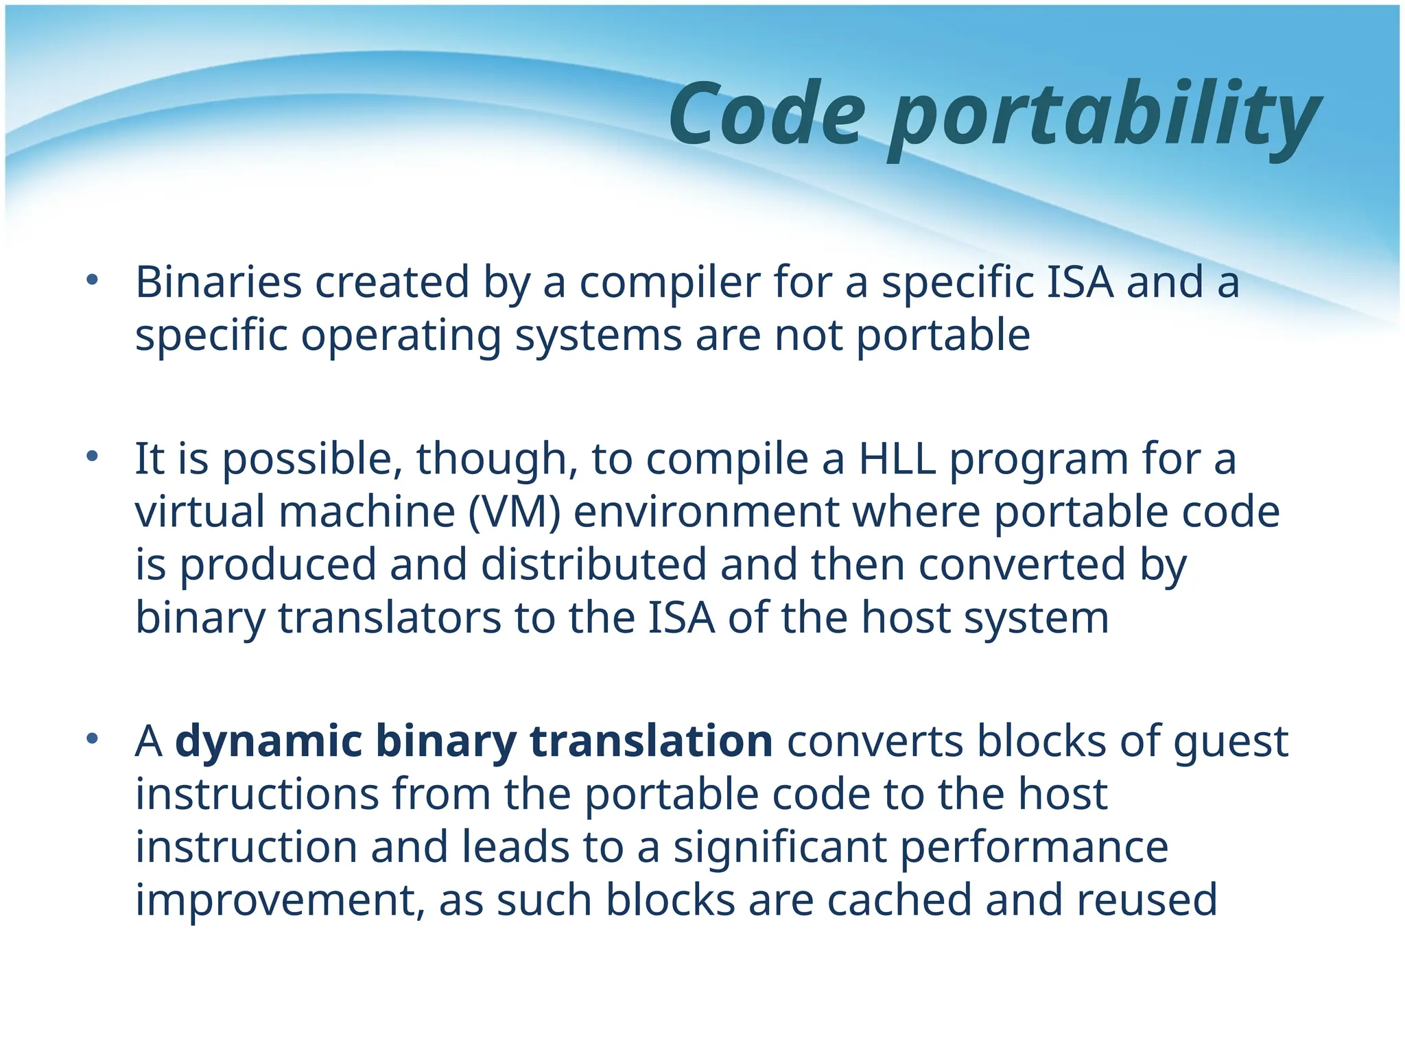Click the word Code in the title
click(766, 114)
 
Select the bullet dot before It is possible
click(93, 456)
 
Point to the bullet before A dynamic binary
click(93, 739)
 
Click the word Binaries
click(218, 282)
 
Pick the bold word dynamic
click(268, 741)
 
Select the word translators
click(390, 618)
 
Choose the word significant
click(780, 847)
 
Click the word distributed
click(593, 565)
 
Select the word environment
click(706, 512)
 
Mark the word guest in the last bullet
click(1230, 742)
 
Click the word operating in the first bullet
click(401, 336)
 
